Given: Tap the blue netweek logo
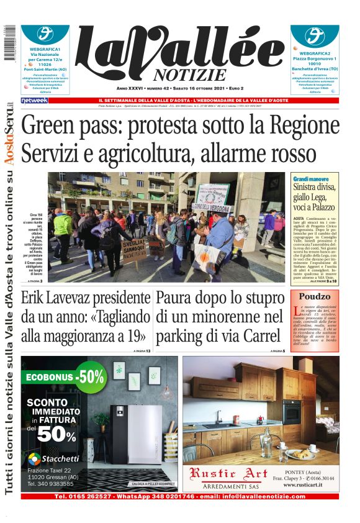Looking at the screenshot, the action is pyautogui.click(x=34, y=101).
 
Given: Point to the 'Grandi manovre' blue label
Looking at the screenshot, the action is pyautogui.click(x=310, y=179).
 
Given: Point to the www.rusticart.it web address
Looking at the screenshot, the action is pyautogui.click(x=305, y=486).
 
